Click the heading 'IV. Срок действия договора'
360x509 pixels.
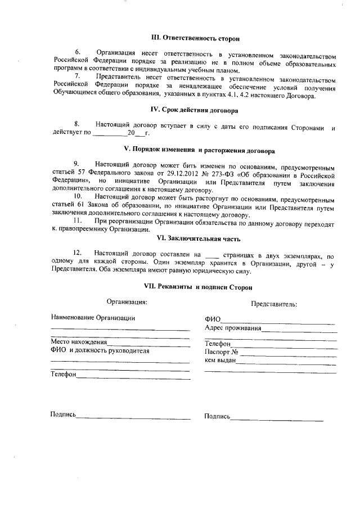[x=196, y=110]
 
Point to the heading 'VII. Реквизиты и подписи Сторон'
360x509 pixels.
[x=198, y=286]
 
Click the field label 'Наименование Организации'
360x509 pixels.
[x=92, y=317]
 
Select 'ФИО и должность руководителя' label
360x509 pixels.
[x=100, y=350]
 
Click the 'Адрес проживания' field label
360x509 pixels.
[x=233, y=327]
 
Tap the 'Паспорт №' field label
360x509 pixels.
[x=222, y=352]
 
